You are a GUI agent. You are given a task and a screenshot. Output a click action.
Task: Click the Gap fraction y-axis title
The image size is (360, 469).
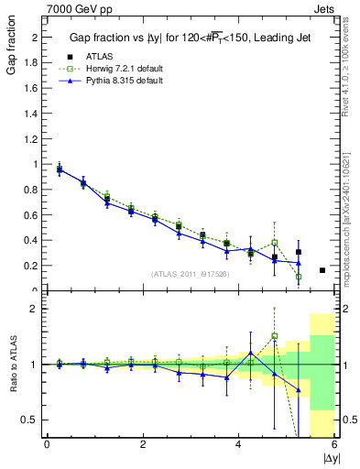click(x=12, y=54)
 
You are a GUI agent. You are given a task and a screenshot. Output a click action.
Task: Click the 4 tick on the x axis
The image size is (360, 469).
click(x=238, y=444)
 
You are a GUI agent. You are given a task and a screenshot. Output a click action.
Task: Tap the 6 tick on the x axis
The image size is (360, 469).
click(x=334, y=444)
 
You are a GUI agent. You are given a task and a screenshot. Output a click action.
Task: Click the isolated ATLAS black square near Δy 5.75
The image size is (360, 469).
click(x=322, y=270)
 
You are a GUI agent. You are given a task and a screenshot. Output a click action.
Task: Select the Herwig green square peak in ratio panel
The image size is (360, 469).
click(x=275, y=336)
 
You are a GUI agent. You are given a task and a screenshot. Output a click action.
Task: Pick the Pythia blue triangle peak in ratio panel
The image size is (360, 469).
click(x=251, y=353)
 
